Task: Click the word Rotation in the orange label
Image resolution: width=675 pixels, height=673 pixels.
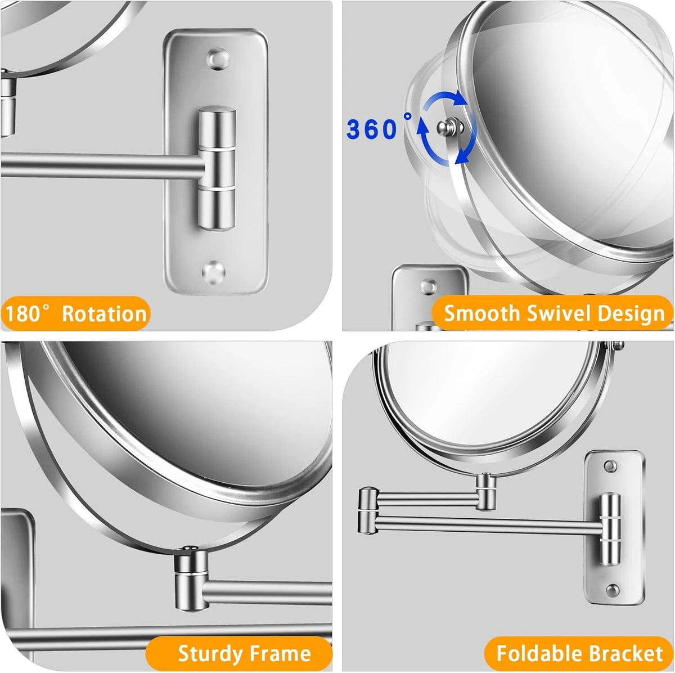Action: pos(104,314)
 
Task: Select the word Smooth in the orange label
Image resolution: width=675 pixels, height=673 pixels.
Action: pos(481,313)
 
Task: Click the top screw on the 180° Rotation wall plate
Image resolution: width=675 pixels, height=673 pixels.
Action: pos(218,58)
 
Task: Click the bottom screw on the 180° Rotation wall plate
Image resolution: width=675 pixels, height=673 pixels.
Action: pos(213,271)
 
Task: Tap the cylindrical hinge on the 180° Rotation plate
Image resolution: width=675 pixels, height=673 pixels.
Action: pos(217,168)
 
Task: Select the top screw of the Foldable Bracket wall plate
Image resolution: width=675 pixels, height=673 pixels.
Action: pos(610,466)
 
